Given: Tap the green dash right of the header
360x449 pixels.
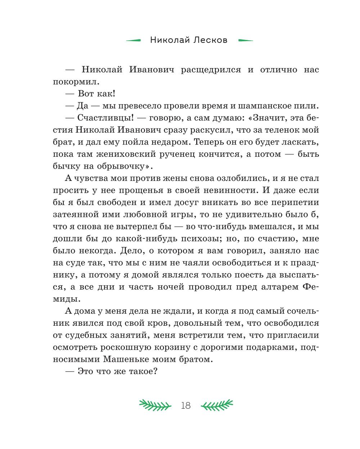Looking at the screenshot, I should pos(246,40).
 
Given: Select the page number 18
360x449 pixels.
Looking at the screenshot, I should pos(186,405).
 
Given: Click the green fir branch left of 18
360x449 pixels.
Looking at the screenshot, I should pos(155,405).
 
